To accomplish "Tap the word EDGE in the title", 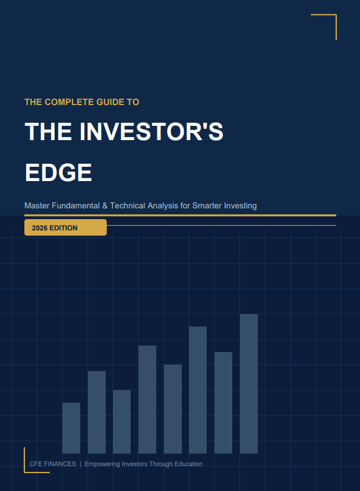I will click(x=58, y=172).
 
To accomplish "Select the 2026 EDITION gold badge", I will click(x=65, y=227).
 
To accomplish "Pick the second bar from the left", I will click(x=97, y=412).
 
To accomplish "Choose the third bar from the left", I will click(x=122, y=422).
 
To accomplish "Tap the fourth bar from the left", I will click(x=147, y=399).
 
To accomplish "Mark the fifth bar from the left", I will click(x=173, y=408).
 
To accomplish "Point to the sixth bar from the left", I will click(x=198, y=389).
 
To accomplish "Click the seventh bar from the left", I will click(x=223, y=403).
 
